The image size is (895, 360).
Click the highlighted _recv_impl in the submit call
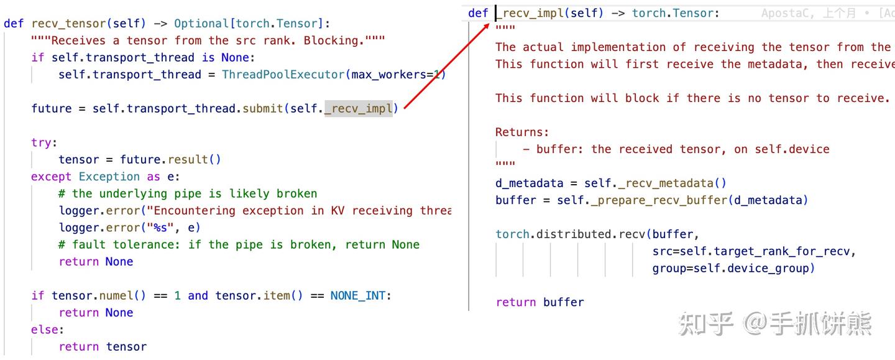359,109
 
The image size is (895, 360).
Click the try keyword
41,142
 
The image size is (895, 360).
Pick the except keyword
51,177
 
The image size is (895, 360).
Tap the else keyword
45,330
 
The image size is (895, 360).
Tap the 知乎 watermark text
705,324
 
